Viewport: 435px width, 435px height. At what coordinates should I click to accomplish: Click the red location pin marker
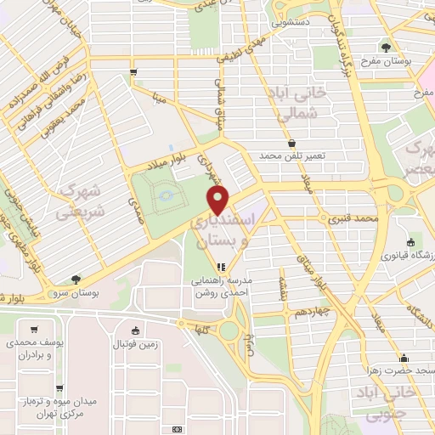(219, 202)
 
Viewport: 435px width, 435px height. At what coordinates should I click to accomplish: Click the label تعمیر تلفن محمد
(292, 156)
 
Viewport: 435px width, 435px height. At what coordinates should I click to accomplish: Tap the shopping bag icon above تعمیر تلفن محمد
(292, 143)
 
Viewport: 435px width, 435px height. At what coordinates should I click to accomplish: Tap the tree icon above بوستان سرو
(76, 279)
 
